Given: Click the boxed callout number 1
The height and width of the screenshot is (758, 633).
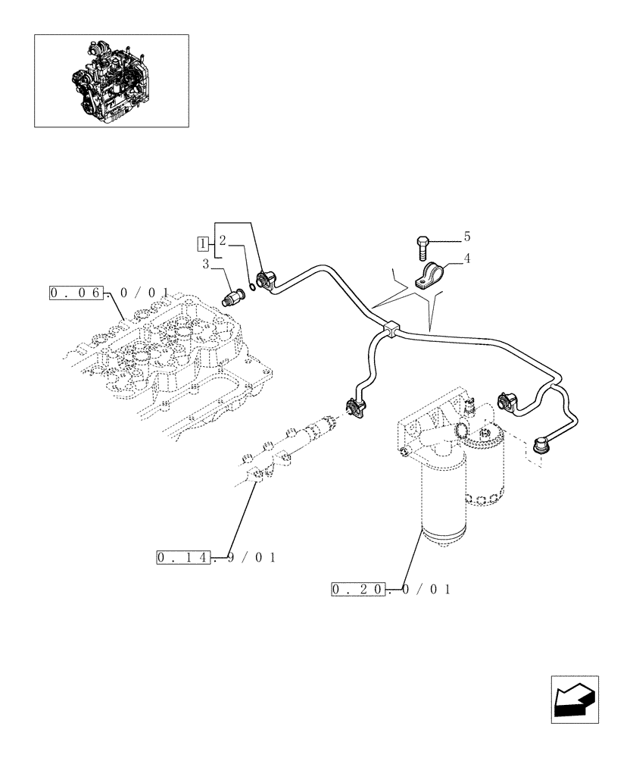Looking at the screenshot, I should pyautogui.click(x=202, y=243).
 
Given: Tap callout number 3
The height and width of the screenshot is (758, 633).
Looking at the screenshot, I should pyautogui.click(x=205, y=264).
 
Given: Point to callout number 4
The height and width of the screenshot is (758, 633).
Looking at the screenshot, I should pyautogui.click(x=467, y=258).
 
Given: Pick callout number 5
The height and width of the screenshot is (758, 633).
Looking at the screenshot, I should pyautogui.click(x=467, y=236).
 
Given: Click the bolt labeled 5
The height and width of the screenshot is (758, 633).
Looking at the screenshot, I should pyautogui.click(x=422, y=246).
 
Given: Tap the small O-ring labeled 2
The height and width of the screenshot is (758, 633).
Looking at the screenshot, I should pyautogui.click(x=251, y=289).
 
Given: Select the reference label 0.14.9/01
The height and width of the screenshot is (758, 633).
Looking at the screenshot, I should pyautogui.click(x=216, y=558).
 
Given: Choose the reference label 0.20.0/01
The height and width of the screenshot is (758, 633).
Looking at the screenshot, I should pyautogui.click(x=391, y=589).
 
